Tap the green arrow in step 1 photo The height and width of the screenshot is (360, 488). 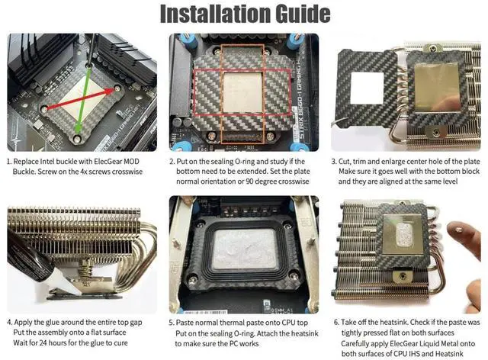(83, 101)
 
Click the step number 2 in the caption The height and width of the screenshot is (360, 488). (172, 162)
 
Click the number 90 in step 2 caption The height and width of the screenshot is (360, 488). (249, 182)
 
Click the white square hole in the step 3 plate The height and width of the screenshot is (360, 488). (368, 88)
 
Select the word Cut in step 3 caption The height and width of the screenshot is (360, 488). (345, 162)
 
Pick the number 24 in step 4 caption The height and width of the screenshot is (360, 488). (43, 343)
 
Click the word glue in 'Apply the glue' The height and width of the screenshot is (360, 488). (52, 323)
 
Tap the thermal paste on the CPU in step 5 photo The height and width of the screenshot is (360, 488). (246, 249)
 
